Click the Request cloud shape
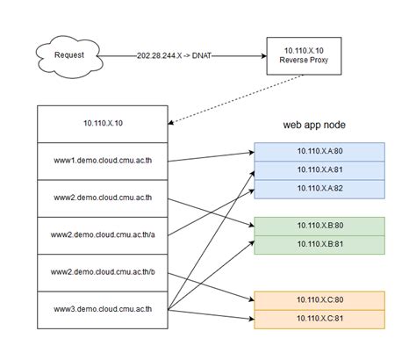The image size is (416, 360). [x=68, y=54]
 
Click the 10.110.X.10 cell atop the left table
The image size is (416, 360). [x=102, y=124]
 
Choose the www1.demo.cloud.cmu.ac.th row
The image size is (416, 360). [x=102, y=162]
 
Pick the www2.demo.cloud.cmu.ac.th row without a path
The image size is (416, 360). [x=102, y=198]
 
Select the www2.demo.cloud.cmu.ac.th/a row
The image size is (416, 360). [x=102, y=235]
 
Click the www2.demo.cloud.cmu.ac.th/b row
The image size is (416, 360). [x=102, y=272]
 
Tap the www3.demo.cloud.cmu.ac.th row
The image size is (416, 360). [x=102, y=309]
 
